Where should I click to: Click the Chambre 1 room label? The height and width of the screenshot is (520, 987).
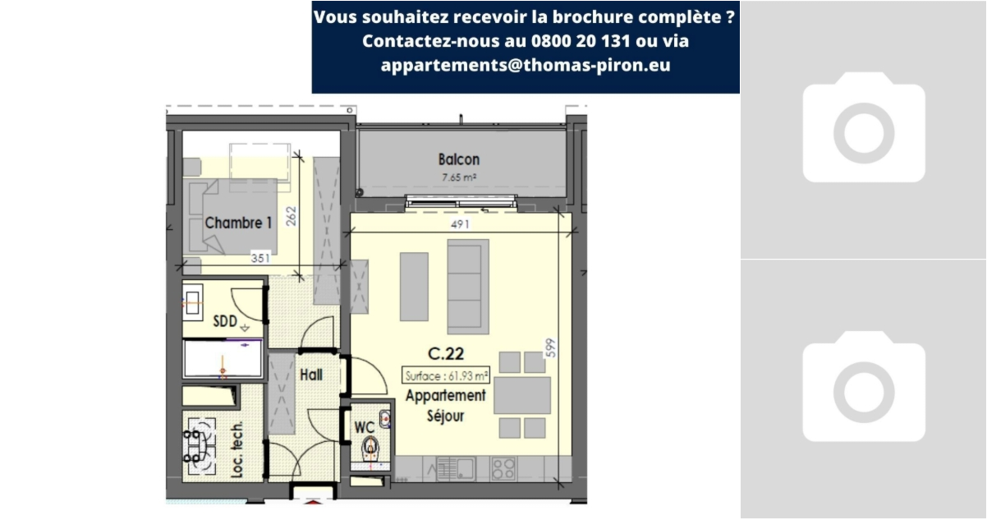point(238,223)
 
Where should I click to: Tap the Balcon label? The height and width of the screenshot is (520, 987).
point(459,159)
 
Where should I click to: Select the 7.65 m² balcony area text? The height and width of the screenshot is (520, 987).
point(459,177)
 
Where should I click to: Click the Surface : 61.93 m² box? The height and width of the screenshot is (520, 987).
point(446,375)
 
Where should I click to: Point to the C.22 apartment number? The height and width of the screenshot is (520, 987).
point(446,353)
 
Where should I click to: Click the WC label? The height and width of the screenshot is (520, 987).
point(365,427)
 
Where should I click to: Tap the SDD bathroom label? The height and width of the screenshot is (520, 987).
point(225,321)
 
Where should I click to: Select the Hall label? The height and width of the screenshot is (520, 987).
point(311,375)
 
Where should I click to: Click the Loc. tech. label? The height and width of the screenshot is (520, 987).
point(237,449)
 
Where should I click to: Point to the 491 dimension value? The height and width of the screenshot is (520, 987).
point(460,225)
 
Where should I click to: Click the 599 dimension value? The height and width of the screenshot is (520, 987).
point(550,348)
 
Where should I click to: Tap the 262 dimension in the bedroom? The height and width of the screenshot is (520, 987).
point(292,216)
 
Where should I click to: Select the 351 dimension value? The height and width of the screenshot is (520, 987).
point(260,258)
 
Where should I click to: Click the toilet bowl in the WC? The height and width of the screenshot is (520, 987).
point(370,449)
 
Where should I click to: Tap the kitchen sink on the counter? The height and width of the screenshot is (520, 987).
point(457,469)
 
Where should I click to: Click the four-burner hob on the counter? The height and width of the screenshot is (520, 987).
point(503,469)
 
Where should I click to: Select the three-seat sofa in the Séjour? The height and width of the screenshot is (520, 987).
point(468,287)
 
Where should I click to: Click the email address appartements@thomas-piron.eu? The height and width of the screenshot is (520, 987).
point(526,65)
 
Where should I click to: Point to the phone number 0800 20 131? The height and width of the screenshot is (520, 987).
point(581,41)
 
